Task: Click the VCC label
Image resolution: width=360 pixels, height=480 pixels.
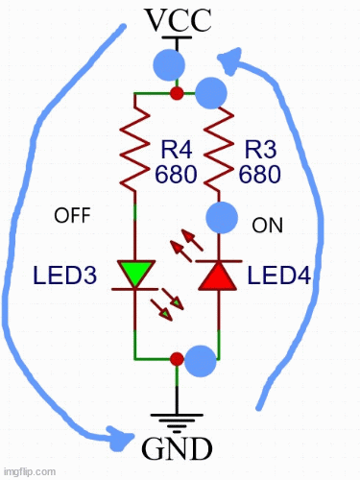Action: pyautogui.click(x=179, y=20)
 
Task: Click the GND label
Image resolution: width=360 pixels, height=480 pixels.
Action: pyautogui.click(x=177, y=448)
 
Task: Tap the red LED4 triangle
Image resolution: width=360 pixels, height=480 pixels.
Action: pyautogui.click(x=219, y=276)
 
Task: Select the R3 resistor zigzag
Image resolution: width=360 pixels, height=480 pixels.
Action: pyautogui.click(x=219, y=149)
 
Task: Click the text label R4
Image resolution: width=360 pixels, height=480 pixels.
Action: pyautogui.click(x=177, y=150)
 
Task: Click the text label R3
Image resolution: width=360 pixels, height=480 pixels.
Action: pyautogui.click(x=260, y=150)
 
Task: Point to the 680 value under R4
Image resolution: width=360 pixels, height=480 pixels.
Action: pyautogui.click(x=176, y=175)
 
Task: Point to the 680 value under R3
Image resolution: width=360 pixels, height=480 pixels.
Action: pyautogui.click(x=260, y=175)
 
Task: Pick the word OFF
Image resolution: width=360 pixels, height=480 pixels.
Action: pyautogui.click(x=72, y=215)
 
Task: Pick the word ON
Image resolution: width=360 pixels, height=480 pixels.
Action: pyautogui.click(x=267, y=226)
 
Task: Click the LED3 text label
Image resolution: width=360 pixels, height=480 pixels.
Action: pyautogui.click(x=64, y=276)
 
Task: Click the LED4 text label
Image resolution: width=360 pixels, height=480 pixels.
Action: pyautogui.click(x=279, y=276)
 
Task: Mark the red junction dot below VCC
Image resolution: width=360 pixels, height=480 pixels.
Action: pyautogui.click(x=177, y=93)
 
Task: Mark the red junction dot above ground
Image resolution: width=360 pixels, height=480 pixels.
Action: pyautogui.click(x=177, y=359)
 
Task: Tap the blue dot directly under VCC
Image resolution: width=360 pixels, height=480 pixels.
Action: pyautogui.click(x=169, y=65)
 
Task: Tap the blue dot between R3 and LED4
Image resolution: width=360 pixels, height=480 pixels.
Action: pyautogui.click(x=222, y=217)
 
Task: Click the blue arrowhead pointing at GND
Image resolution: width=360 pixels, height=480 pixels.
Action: pyautogui.click(x=121, y=438)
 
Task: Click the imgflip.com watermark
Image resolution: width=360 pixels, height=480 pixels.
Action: pyautogui.click(x=30, y=471)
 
